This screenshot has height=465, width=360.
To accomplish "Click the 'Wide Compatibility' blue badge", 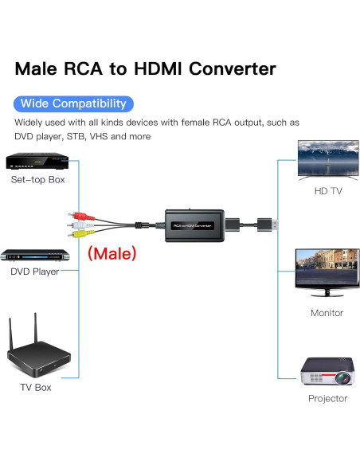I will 73,104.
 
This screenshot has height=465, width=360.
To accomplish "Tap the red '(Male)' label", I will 112,254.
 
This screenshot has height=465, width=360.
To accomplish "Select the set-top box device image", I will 37,162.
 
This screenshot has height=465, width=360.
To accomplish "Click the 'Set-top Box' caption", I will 38,180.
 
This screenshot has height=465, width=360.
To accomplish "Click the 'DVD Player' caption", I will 35,272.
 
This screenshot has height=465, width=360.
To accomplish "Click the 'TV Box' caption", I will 36,388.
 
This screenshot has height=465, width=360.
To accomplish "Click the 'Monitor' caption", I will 327,313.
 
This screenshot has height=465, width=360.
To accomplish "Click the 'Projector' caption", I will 327,398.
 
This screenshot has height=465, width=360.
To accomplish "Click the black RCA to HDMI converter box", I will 191,225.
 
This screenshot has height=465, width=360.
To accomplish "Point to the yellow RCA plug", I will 76,236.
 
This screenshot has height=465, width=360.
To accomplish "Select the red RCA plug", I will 76,215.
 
